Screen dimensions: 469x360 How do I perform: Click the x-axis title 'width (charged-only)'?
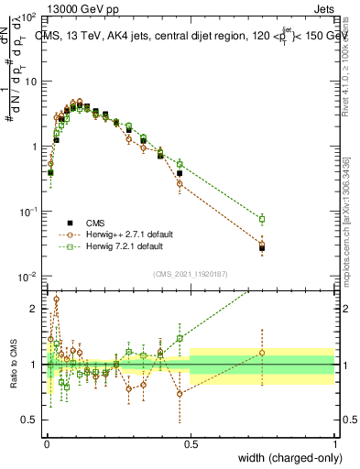pyautogui.click(x=285, y=456)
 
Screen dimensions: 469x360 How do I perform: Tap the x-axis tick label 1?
pyautogui.click(x=334, y=442)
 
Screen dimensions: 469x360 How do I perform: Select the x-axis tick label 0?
pyautogui.click(x=46, y=442)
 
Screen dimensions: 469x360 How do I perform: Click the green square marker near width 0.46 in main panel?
pyautogui.click(x=180, y=164)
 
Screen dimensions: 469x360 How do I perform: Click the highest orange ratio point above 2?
pyautogui.click(x=57, y=299)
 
